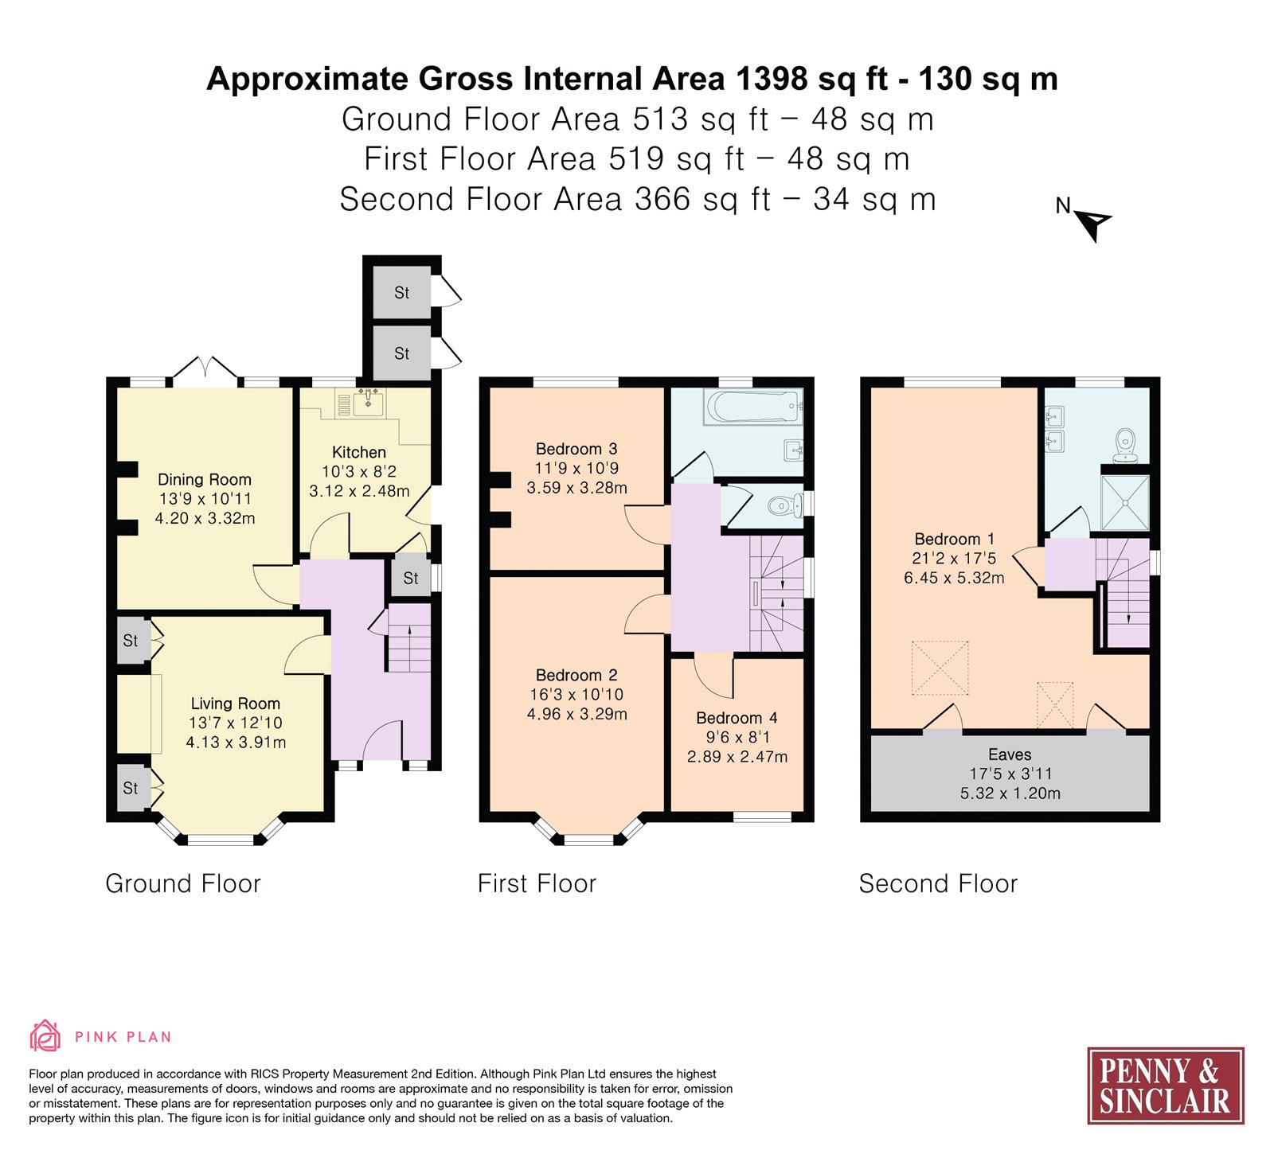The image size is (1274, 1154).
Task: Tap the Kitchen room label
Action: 359,452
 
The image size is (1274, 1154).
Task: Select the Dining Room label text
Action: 205,479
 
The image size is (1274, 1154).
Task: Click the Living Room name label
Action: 236,704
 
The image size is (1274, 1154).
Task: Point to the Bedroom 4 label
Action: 737,718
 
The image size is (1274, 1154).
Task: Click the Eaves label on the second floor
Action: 1010,754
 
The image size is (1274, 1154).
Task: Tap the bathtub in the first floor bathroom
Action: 752,407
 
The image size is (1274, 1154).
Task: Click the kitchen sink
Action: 368,404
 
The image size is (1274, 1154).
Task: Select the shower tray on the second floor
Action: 1125,503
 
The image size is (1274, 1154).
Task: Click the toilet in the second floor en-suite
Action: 1125,444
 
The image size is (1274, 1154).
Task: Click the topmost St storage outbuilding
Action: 402,293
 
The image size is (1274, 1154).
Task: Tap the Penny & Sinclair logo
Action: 1166,1086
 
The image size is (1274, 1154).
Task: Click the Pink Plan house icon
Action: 45,1036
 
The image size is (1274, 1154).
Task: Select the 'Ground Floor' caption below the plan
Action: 183,883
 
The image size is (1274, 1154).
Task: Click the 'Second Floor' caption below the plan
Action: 938,883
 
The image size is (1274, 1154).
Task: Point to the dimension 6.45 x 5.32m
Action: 954,578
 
